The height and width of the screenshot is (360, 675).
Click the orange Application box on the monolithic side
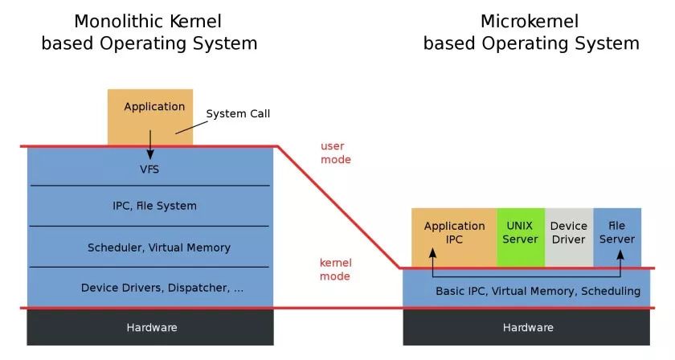(150, 117)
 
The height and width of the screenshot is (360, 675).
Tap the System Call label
(238, 113)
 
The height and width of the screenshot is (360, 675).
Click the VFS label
(149, 170)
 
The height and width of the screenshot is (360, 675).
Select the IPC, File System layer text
(154, 206)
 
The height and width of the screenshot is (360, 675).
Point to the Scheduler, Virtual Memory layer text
(159, 247)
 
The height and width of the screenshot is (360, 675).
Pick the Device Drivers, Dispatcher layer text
(162, 288)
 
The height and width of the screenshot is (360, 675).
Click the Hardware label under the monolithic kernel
(152, 328)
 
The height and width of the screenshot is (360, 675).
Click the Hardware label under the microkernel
(528, 328)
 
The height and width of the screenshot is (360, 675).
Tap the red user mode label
(336, 153)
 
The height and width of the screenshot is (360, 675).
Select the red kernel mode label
(336, 269)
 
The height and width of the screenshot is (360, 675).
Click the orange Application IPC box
(454, 237)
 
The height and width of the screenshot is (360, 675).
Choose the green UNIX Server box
(521, 237)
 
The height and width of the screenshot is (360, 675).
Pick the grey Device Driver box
(569, 237)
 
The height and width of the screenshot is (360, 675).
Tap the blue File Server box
(617, 237)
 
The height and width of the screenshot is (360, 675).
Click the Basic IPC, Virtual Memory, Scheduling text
(538, 291)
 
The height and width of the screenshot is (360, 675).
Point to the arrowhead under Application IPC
(432, 253)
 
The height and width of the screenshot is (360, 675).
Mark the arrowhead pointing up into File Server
(620, 255)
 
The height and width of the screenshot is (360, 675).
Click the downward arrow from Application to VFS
(150, 145)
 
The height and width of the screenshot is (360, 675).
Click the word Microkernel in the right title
(530, 22)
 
